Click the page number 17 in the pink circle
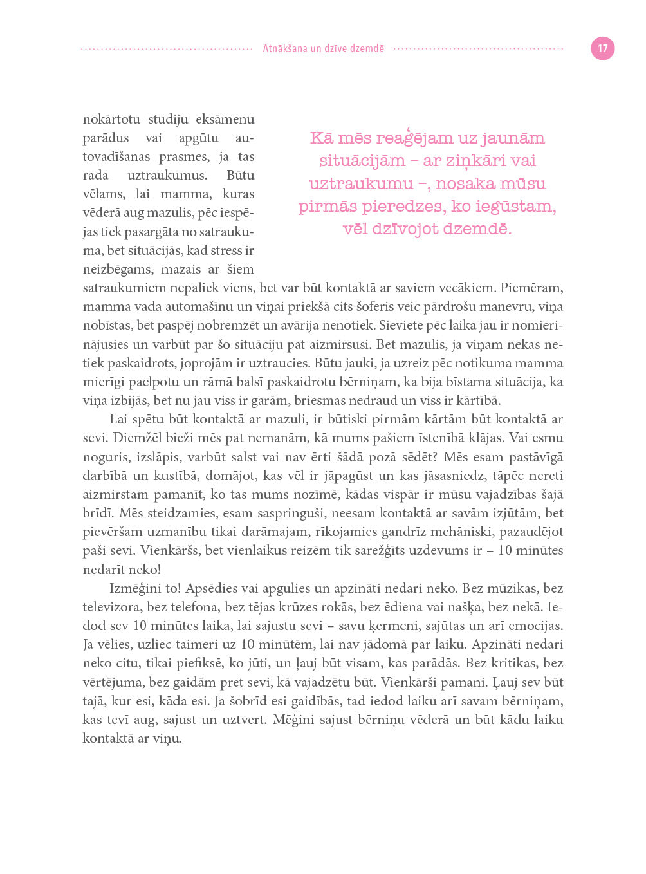602,48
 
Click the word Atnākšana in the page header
285,48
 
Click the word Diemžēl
134,438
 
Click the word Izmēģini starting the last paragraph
135,589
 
